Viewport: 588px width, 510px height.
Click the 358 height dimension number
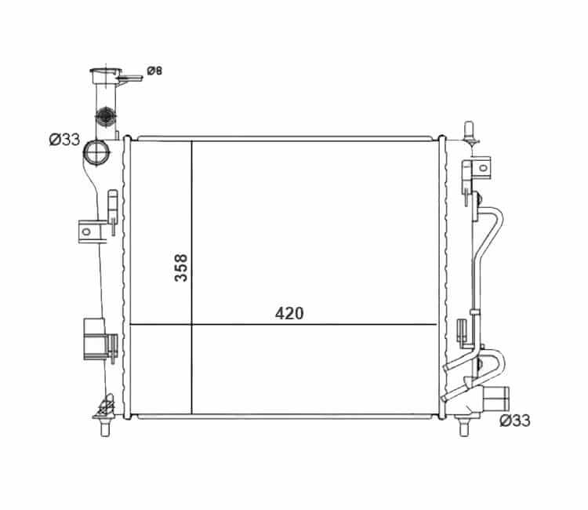tap(181, 268)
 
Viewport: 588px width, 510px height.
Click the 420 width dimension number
tap(289, 313)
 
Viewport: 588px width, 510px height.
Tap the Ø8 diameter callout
tap(154, 71)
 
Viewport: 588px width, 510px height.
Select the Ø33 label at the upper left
tap(64, 140)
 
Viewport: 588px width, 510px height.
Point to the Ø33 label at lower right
tap(515, 421)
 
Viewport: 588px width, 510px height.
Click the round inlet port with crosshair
tap(96, 152)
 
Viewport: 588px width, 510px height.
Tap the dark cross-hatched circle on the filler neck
tap(105, 116)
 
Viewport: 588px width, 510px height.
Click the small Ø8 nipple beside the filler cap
tap(129, 78)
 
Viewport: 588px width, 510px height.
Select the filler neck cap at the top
tap(106, 75)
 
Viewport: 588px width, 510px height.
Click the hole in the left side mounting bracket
tap(86, 231)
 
